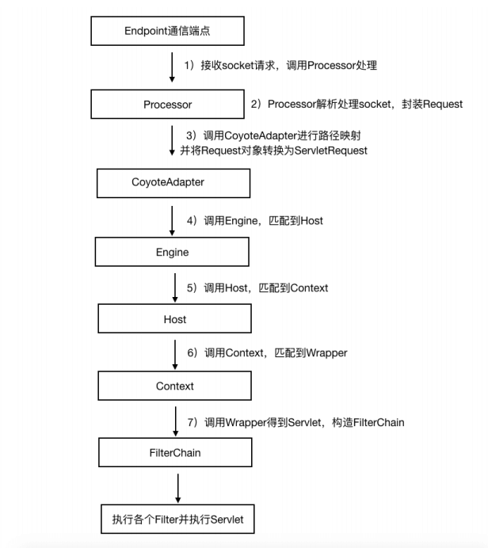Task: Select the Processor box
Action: [x=167, y=104]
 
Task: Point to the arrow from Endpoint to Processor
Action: [x=171, y=67]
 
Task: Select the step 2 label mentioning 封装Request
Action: [x=356, y=104]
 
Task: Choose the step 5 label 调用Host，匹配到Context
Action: [x=257, y=287]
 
